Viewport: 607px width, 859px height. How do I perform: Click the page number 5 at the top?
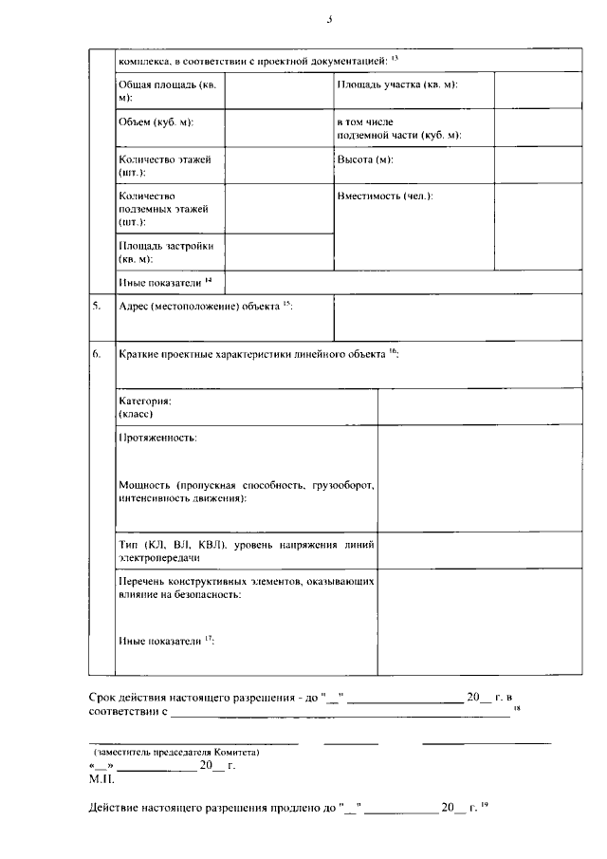329,18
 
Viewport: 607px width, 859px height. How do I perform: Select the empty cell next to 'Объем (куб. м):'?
279,129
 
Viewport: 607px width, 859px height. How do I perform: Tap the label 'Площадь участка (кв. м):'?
397,85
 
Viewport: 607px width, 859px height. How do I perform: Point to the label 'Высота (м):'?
365,159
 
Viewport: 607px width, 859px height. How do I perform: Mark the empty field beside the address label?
457,317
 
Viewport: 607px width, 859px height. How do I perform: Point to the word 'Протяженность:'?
157,438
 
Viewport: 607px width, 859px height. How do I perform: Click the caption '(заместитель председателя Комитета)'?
176,752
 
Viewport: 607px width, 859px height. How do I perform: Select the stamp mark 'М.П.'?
101,778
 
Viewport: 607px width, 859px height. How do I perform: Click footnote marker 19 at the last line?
484,805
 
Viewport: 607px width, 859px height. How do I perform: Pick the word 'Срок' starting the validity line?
103,697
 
